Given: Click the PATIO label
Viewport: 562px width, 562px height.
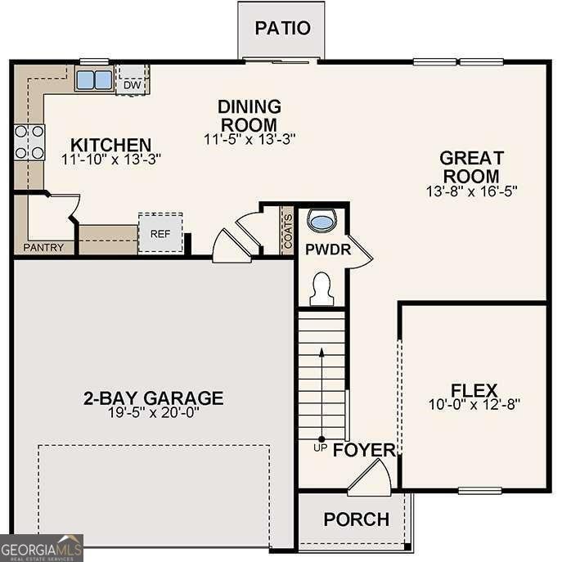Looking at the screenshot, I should pyautogui.click(x=282, y=28).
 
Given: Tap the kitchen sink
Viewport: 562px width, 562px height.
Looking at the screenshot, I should pyautogui.click(x=94, y=79).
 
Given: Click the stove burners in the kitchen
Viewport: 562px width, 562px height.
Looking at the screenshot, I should pyautogui.click(x=29, y=142).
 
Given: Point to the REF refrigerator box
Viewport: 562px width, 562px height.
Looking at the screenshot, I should pyautogui.click(x=160, y=232).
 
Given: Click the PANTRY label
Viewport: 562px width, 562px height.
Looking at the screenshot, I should pyautogui.click(x=43, y=247).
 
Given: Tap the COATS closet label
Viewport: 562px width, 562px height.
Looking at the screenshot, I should pyautogui.click(x=287, y=229).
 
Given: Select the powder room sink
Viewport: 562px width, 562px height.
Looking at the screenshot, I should pyautogui.click(x=321, y=221).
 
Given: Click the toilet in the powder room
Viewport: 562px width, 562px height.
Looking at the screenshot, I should pyautogui.click(x=321, y=287).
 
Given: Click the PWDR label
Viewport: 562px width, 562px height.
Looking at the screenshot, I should pyautogui.click(x=328, y=250).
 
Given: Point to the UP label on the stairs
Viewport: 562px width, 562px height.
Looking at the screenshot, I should pyautogui.click(x=321, y=447).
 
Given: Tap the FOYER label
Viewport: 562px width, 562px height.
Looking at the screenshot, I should pyautogui.click(x=364, y=450).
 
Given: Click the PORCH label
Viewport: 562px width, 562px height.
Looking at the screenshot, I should pyautogui.click(x=356, y=519).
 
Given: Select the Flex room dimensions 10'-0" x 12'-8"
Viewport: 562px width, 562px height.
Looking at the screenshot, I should pyautogui.click(x=474, y=403).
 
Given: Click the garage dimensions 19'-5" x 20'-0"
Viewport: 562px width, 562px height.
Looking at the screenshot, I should pyautogui.click(x=153, y=412).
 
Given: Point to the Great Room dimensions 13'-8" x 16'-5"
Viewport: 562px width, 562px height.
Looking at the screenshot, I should pyautogui.click(x=471, y=190).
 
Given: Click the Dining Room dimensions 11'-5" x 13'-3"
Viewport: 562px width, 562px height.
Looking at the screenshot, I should pyautogui.click(x=250, y=139).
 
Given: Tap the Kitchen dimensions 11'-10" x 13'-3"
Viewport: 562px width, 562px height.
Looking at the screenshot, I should pyautogui.click(x=111, y=159).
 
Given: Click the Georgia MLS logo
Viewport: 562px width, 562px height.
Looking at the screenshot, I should pyautogui.click(x=42, y=547).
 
